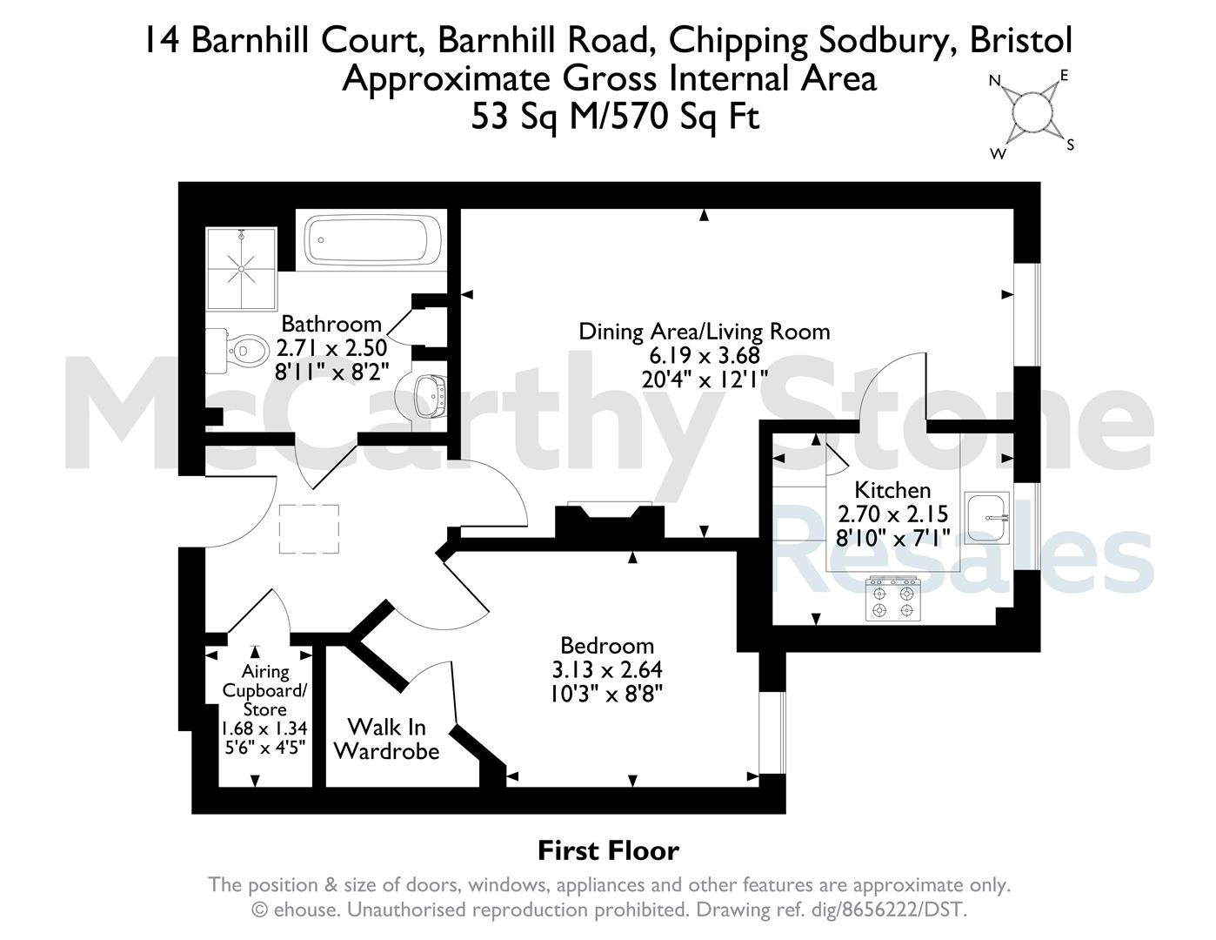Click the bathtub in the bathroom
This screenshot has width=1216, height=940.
[372, 240]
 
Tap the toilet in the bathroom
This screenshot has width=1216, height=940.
[235, 351]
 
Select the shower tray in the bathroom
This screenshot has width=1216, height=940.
[241, 269]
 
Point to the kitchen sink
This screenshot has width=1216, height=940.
[987, 518]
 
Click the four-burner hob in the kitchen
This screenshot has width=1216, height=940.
[892, 599]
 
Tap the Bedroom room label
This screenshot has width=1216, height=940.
[607, 646]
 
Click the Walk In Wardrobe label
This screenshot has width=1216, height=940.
[387, 739]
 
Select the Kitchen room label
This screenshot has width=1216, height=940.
[892, 490]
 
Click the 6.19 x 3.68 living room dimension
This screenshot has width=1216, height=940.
[705, 355]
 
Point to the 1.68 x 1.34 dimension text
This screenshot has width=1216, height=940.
[264, 728]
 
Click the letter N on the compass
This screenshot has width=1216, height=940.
[994, 81]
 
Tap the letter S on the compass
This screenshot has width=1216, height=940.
[1070, 145]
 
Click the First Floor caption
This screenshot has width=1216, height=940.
[608, 851]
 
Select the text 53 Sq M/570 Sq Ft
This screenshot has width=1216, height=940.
[616, 117]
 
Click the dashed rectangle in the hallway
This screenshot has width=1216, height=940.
[309, 529]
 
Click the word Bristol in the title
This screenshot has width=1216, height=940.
[1020, 40]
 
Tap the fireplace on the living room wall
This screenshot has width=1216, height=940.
[610, 520]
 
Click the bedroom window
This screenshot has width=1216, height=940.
[772, 733]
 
